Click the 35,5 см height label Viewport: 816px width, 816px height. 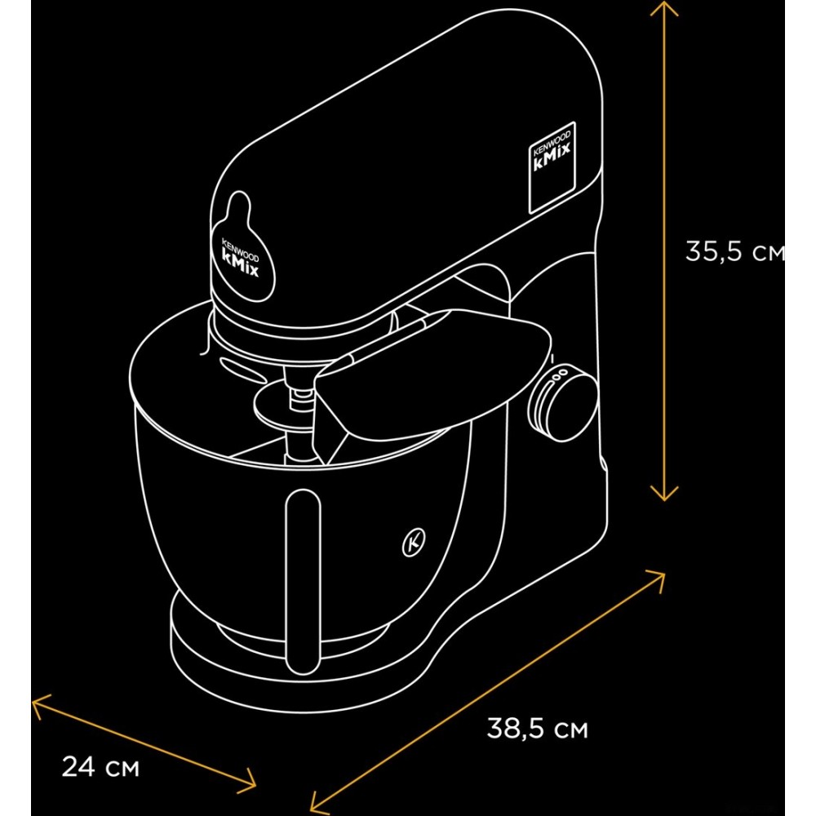tap(735, 251)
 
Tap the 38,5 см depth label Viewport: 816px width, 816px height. tap(537, 728)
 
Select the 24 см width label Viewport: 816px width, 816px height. tap(100, 766)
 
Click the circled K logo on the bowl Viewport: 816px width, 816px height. tap(414, 543)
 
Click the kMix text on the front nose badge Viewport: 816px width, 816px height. tap(240, 263)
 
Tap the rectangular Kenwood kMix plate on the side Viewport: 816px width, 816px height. tap(552, 167)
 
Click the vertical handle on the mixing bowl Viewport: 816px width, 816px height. tap(303, 583)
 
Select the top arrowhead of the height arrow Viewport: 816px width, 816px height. tap(664, 7)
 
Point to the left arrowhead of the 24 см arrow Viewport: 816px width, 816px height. tap(38, 704)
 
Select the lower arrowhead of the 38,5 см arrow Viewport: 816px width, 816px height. tap(317, 804)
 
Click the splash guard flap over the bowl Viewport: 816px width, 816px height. tap(432, 375)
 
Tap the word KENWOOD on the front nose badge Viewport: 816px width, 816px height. tap(240, 249)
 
